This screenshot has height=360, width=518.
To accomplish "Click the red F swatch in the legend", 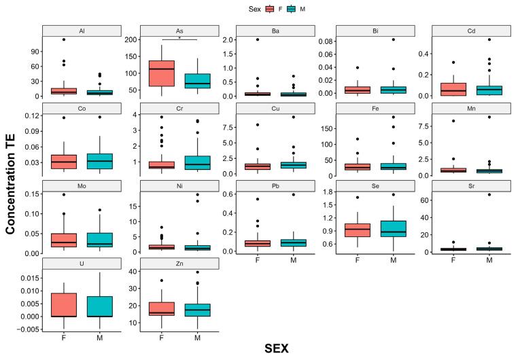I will point(270,9).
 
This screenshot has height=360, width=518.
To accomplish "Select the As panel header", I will point(179,31).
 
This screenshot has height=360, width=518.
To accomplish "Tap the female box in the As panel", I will point(162,73).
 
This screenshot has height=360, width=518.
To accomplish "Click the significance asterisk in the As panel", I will point(179,39).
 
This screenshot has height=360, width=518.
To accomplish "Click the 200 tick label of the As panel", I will point(134,40).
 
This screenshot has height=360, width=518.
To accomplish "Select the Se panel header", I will point(374,185).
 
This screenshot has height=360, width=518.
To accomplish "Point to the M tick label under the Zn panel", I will point(198,338).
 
